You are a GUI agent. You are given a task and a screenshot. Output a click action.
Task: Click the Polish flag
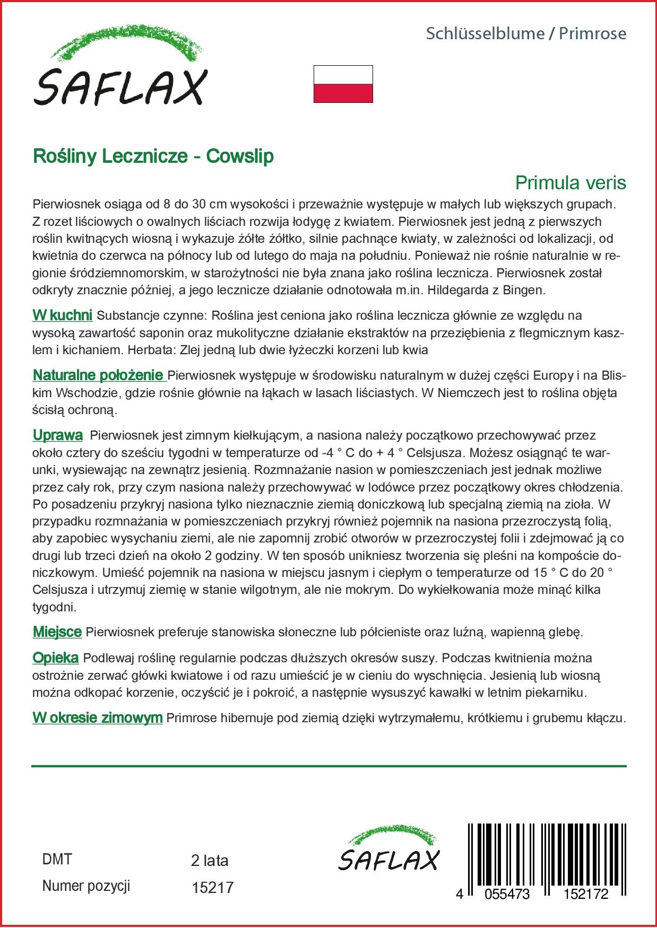(x=343, y=84)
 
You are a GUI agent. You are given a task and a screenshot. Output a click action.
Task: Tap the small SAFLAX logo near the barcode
(x=389, y=848)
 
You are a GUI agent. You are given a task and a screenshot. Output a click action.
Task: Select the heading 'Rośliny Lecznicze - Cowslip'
(x=153, y=156)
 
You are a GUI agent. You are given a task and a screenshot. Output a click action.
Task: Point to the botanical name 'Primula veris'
(x=570, y=183)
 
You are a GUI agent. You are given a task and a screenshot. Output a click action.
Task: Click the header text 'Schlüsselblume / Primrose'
(x=526, y=34)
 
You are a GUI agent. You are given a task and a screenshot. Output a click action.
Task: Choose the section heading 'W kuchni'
(x=63, y=316)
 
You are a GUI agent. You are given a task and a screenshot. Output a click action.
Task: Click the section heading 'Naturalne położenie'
(x=99, y=375)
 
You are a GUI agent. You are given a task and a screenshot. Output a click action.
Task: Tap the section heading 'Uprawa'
(x=58, y=435)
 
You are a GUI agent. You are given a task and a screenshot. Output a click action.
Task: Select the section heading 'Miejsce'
(x=57, y=632)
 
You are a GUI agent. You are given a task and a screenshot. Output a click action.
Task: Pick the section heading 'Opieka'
(x=56, y=658)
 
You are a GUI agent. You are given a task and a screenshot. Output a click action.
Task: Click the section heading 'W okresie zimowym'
(x=97, y=718)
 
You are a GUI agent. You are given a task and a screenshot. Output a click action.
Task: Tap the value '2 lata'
(x=210, y=861)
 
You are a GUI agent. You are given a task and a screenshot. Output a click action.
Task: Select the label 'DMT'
(x=57, y=860)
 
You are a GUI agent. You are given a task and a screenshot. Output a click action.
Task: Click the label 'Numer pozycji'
(x=86, y=886)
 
